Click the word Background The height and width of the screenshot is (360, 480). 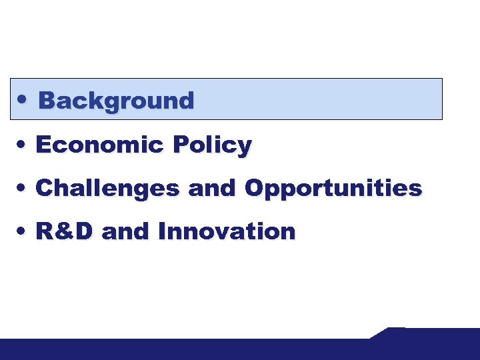pyautogui.click(x=116, y=101)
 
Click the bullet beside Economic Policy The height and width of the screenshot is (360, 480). pyautogui.click(x=23, y=144)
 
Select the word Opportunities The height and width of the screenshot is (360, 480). pyautogui.click(x=333, y=189)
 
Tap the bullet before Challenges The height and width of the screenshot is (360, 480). pyautogui.click(x=23, y=188)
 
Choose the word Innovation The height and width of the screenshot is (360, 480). pyautogui.click(x=227, y=231)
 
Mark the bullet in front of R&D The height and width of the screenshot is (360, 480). pyautogui.click(x=23, y=231)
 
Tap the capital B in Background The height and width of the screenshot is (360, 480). pyautogui.click(x=46, y=101)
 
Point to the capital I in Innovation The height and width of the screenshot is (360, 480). pyautogui.click(x=162, y=231)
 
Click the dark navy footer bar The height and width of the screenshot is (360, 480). pyautogui.click(x=200, y=349)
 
